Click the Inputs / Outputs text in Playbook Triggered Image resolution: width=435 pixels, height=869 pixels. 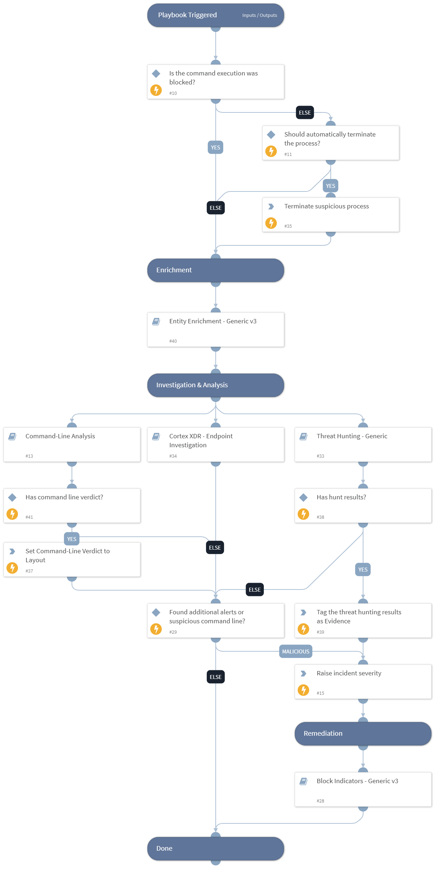click(x=259, y=15)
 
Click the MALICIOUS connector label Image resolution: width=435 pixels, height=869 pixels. click(x=296, y=651)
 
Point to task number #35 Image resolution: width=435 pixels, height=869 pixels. click(x=288, y=226)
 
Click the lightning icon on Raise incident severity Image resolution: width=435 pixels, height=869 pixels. click(x=303, y=690)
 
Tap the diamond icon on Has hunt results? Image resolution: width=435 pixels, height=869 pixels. click(x=303, y=498)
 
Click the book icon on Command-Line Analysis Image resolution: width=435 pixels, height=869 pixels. click(x=12, y=436)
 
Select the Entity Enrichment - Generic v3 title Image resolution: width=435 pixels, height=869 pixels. click(x=213, y=321)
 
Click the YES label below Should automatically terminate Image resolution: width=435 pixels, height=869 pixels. click(x=330, y=186)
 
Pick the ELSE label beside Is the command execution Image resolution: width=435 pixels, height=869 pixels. click(x=304, y=112)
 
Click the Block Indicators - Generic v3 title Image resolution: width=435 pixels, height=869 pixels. click(x=357, y=781)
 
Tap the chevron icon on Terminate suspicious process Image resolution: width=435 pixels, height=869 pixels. click(x=271, y=207)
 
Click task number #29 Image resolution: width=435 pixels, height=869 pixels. click(x=173, y=632)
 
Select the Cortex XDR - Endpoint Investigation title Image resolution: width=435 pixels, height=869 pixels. click(x=201, y=440)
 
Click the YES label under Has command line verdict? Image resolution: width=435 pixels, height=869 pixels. click(x=72, y=539)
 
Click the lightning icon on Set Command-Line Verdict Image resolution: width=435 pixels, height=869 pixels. click(x=12, y=568)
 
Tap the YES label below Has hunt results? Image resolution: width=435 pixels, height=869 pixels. click(x=363, y=569)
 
